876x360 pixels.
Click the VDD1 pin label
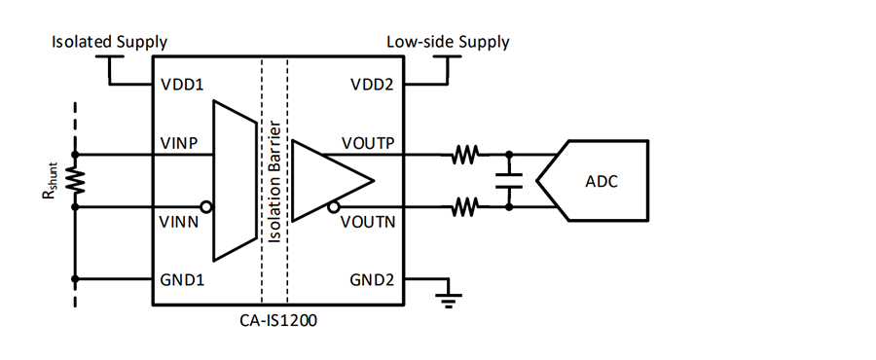click(182, 85)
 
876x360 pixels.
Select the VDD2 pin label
click(372, 85)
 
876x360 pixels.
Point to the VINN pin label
click(179, 222)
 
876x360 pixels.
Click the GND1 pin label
click(182, 279)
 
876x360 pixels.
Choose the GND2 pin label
click(372, 279)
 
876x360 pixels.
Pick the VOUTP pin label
click(368, 143)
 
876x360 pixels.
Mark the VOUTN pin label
click(368, 222)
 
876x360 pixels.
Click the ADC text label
click(602, 181)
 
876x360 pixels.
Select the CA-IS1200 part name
click(277, 321)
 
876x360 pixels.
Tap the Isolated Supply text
click(109, 43)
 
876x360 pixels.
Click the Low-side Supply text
click(448, 43)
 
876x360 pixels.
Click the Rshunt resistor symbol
click(76, 180)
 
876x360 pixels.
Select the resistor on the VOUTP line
click(465, 154)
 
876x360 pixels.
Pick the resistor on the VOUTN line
click(465, 207)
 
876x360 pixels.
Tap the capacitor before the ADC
click(509, 180)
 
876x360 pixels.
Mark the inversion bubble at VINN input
click(207, 207)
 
